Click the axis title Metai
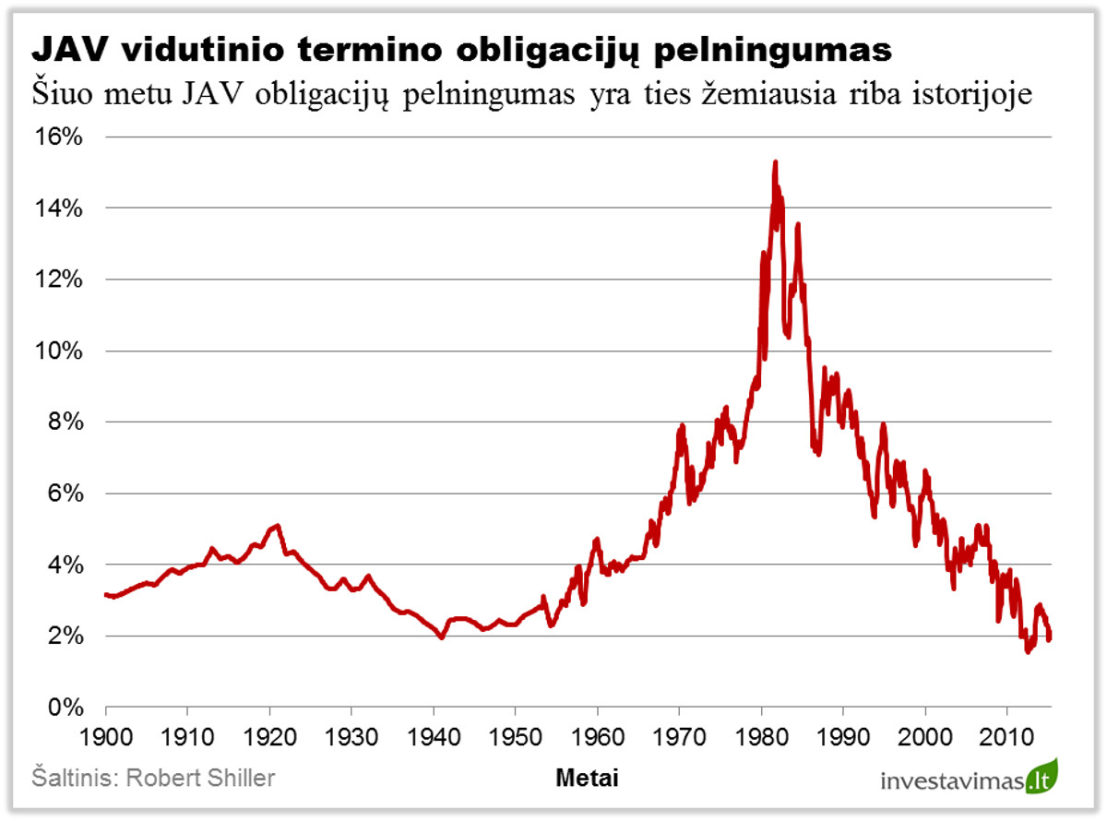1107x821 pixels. click(588, 779)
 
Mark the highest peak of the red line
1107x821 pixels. click(775, 162)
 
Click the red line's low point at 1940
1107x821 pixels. click(442, 637)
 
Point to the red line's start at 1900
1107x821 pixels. click(107, 595)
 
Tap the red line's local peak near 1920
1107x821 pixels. click(277, 526)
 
